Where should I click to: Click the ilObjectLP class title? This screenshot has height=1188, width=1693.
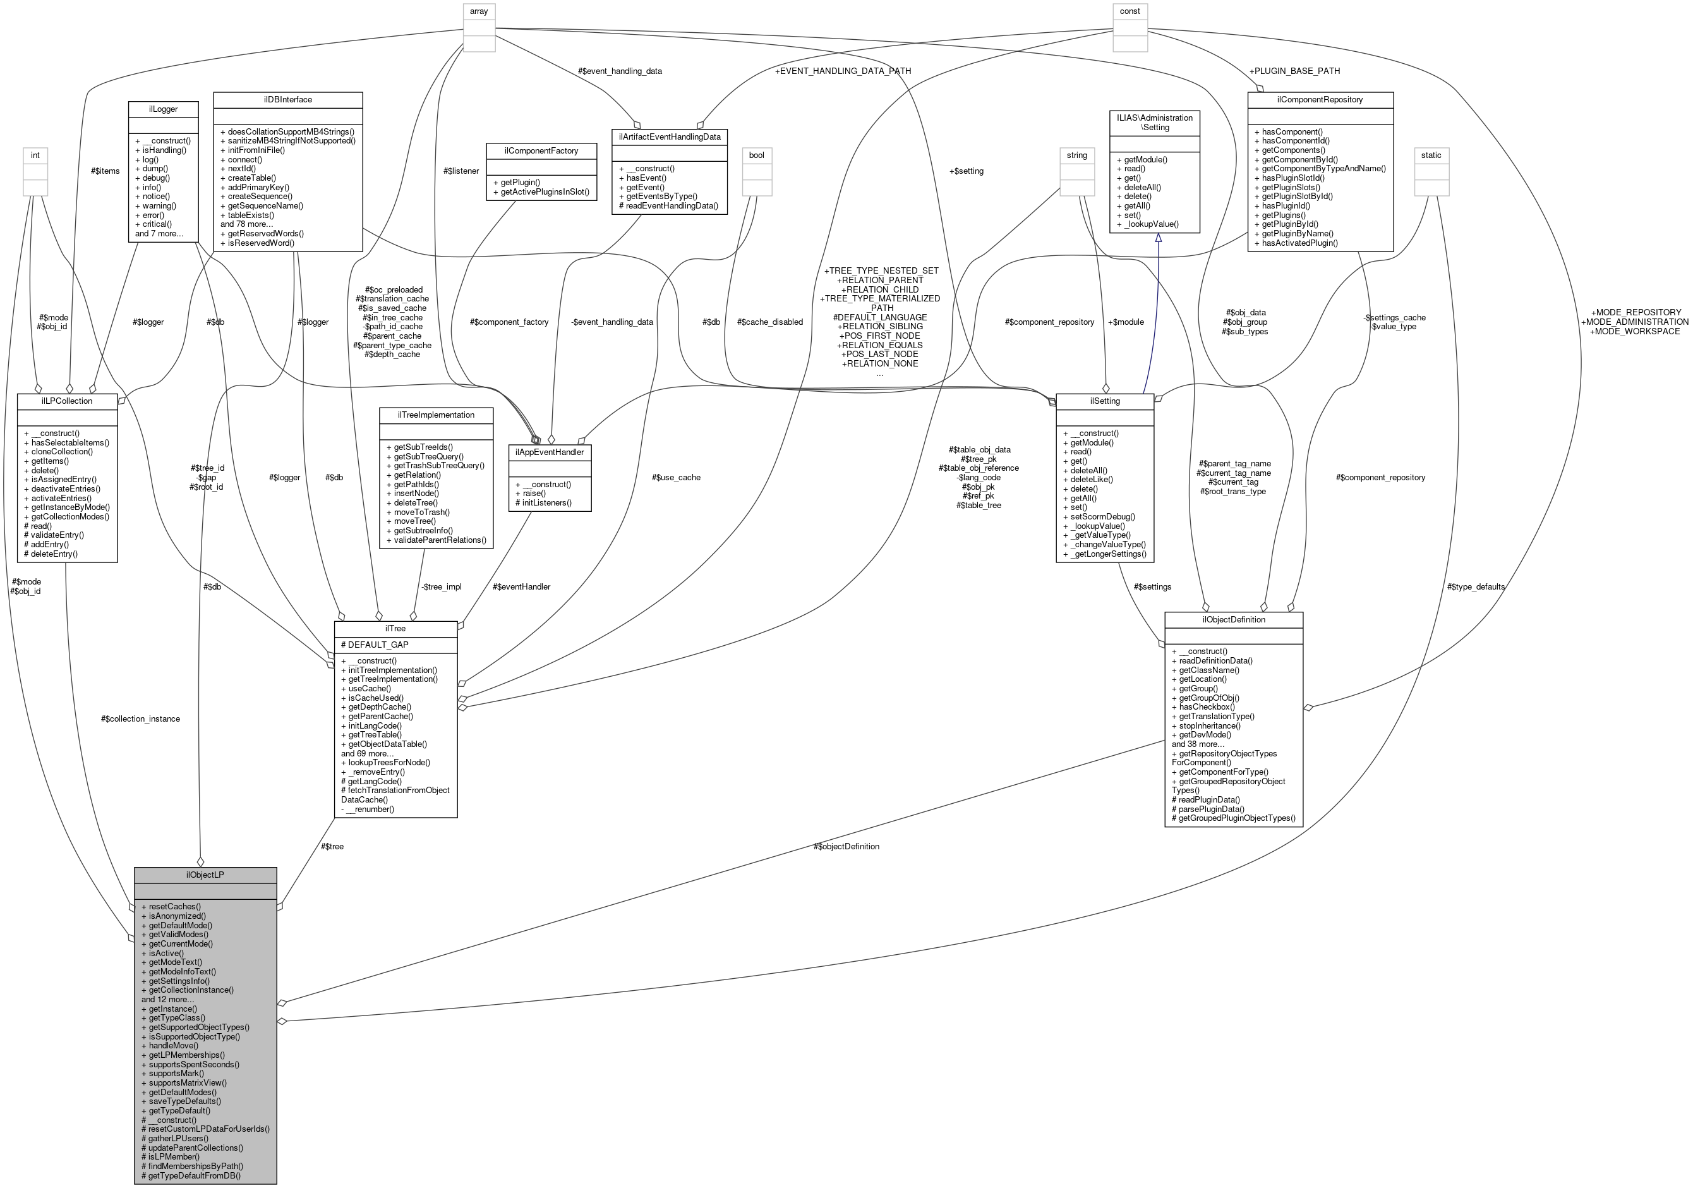(205, 875)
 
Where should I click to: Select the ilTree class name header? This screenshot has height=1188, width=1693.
(395, 628)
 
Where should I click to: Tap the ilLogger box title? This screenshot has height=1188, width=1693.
(163, 109)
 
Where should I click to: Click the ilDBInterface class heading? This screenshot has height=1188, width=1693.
(287, 100)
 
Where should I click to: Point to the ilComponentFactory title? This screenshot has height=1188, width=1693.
(541, 150)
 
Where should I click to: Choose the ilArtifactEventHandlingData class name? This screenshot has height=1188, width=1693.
(669, 136)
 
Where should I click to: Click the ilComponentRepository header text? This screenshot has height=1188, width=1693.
(1319, 100)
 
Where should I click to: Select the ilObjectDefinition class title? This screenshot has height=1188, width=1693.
(1233, 619)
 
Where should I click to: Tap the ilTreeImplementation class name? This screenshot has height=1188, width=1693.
(436, 415)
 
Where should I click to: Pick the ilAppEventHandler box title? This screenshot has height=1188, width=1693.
(550, 452)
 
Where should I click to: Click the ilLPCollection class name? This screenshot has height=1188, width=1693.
(67, 401)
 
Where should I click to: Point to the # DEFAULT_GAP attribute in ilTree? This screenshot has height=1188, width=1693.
(375, 645)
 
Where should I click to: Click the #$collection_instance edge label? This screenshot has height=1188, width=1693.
(140, 718)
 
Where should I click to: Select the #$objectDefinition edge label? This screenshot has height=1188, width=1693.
(846, 846)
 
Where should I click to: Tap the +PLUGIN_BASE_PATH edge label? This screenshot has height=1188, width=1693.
(1294, 71)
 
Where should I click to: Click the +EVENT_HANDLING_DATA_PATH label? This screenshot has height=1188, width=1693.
(842, 71)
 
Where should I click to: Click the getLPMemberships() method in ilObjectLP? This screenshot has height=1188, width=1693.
(186, 1055)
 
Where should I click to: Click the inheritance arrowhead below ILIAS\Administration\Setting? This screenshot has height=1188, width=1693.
(1158, 238)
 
